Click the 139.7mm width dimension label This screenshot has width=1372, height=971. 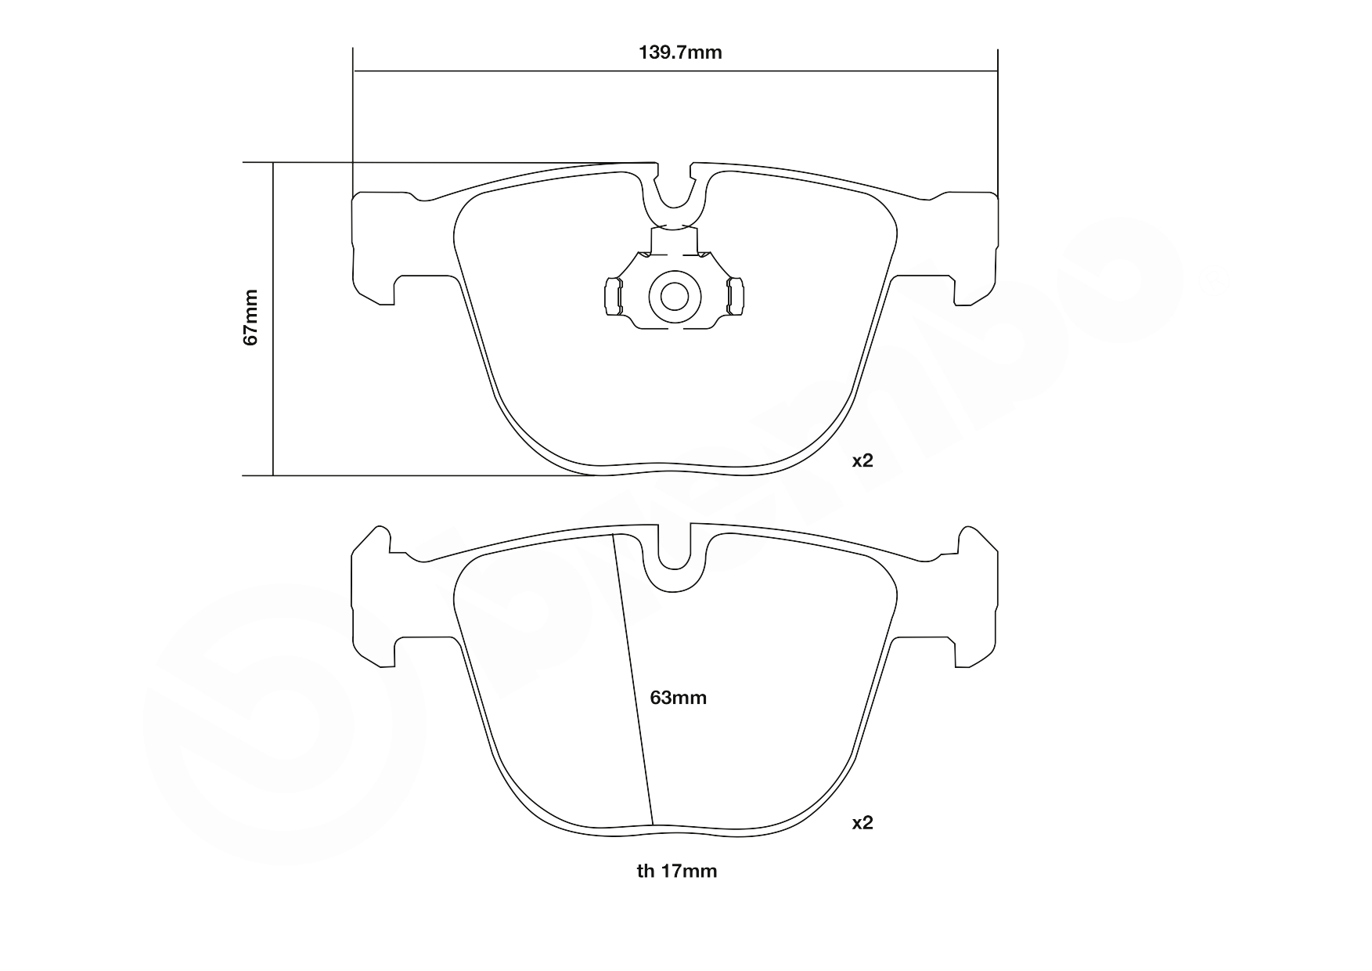[x=680, y=52]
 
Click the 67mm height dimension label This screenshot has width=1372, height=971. [x=250, y=317]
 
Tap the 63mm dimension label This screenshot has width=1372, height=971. [x=679, y=698]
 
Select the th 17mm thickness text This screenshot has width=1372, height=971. [x=677, y=871]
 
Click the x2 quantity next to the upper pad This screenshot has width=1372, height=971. [x=862, y=461]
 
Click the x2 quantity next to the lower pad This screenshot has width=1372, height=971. [x=862, y=823]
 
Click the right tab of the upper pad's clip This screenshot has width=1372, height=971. [x=736, y=297]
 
